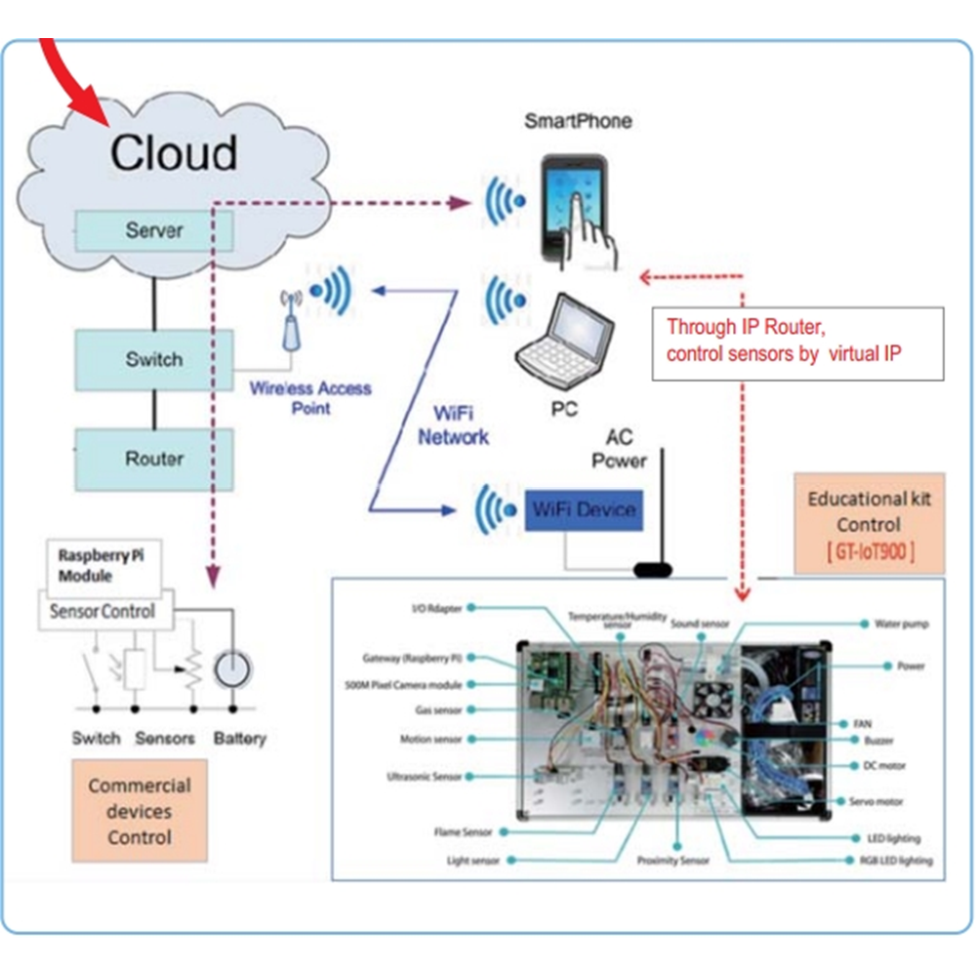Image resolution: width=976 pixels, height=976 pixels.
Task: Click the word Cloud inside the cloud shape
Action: pos(173,153)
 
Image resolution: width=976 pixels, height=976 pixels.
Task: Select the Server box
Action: pos(154,231)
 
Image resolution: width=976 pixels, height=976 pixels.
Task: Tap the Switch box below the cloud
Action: pos(154,359)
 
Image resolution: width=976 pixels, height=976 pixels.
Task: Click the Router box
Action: pos(154,459)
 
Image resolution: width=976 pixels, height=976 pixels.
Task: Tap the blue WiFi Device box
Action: pos(584,509)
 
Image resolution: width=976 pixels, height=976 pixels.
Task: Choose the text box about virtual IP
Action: pos(797,342)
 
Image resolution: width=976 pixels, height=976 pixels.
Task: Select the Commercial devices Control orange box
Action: pos(140,811)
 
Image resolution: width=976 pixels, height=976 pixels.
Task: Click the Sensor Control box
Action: pos(102,612)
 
